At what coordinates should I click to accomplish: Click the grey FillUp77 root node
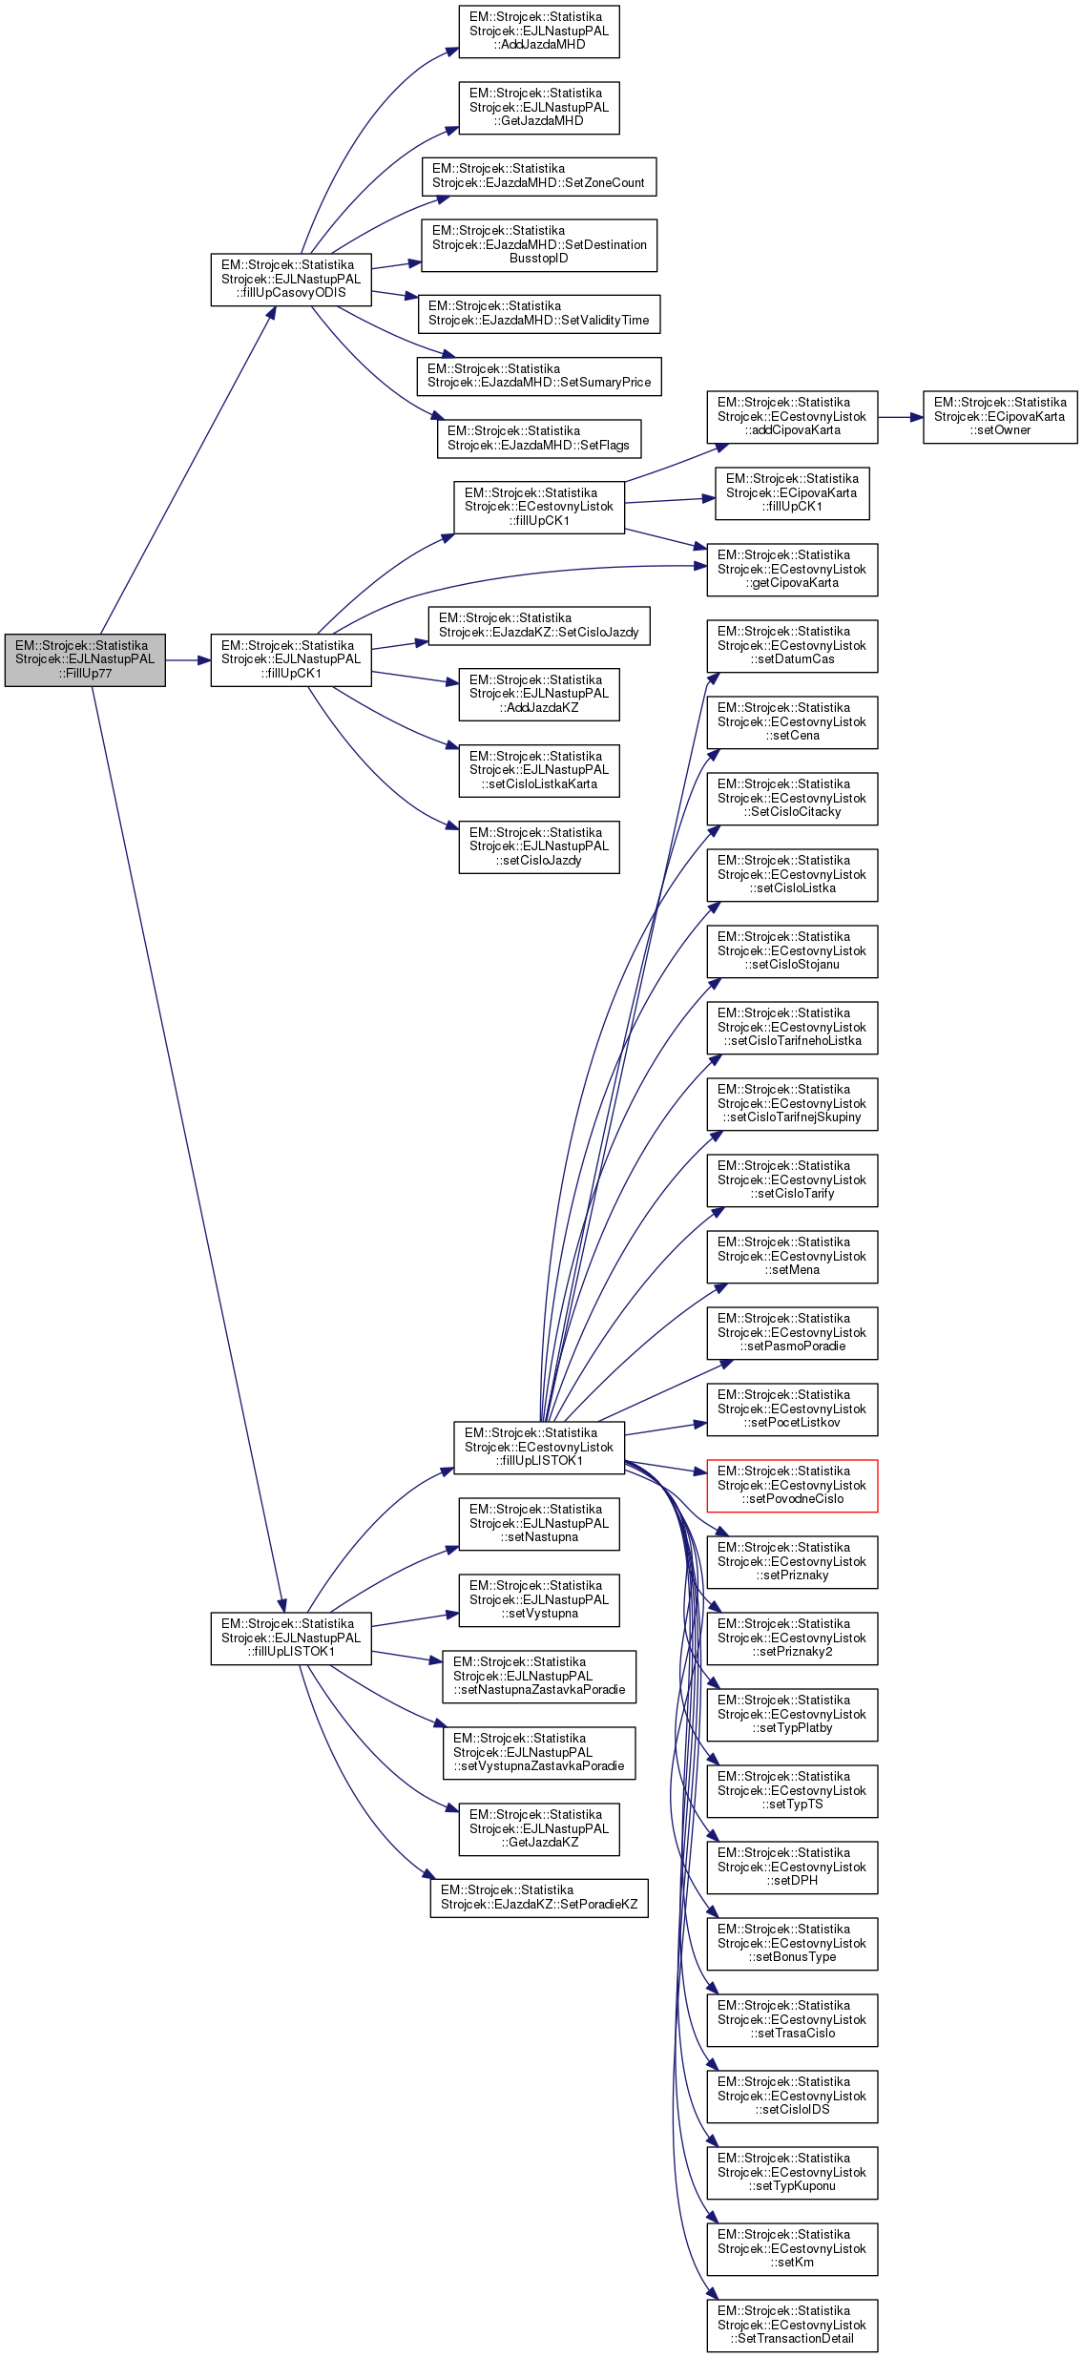(85, 659)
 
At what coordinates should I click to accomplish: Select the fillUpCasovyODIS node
(291, 279)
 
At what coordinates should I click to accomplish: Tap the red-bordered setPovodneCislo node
(792, 1485)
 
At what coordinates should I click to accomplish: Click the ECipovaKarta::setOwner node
(1000, 416)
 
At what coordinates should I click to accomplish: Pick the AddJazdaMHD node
(539, 31)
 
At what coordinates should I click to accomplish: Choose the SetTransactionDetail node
(792, 2325)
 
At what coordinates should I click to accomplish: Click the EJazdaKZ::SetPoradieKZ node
(539, 1897)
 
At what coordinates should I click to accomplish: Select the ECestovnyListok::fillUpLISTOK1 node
(539, 1447)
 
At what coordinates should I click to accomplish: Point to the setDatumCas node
(792, 645)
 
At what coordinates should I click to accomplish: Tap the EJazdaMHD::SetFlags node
(539, 438)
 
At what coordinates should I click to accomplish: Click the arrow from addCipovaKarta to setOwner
(900, 417)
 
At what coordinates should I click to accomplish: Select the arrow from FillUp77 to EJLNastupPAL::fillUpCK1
(188, 659)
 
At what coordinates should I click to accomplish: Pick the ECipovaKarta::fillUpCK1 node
(792, 492)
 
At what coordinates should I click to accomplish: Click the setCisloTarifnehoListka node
(792, 1027)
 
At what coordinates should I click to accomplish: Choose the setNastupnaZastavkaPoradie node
(539, 1676)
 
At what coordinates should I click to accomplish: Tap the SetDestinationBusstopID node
(539, 244)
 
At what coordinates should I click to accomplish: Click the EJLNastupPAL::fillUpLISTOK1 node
(291, 1638)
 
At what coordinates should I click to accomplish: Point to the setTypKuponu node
(792, 2172)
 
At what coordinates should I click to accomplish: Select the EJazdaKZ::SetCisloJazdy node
(539, 625)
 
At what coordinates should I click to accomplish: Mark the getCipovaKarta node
(792, 569)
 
